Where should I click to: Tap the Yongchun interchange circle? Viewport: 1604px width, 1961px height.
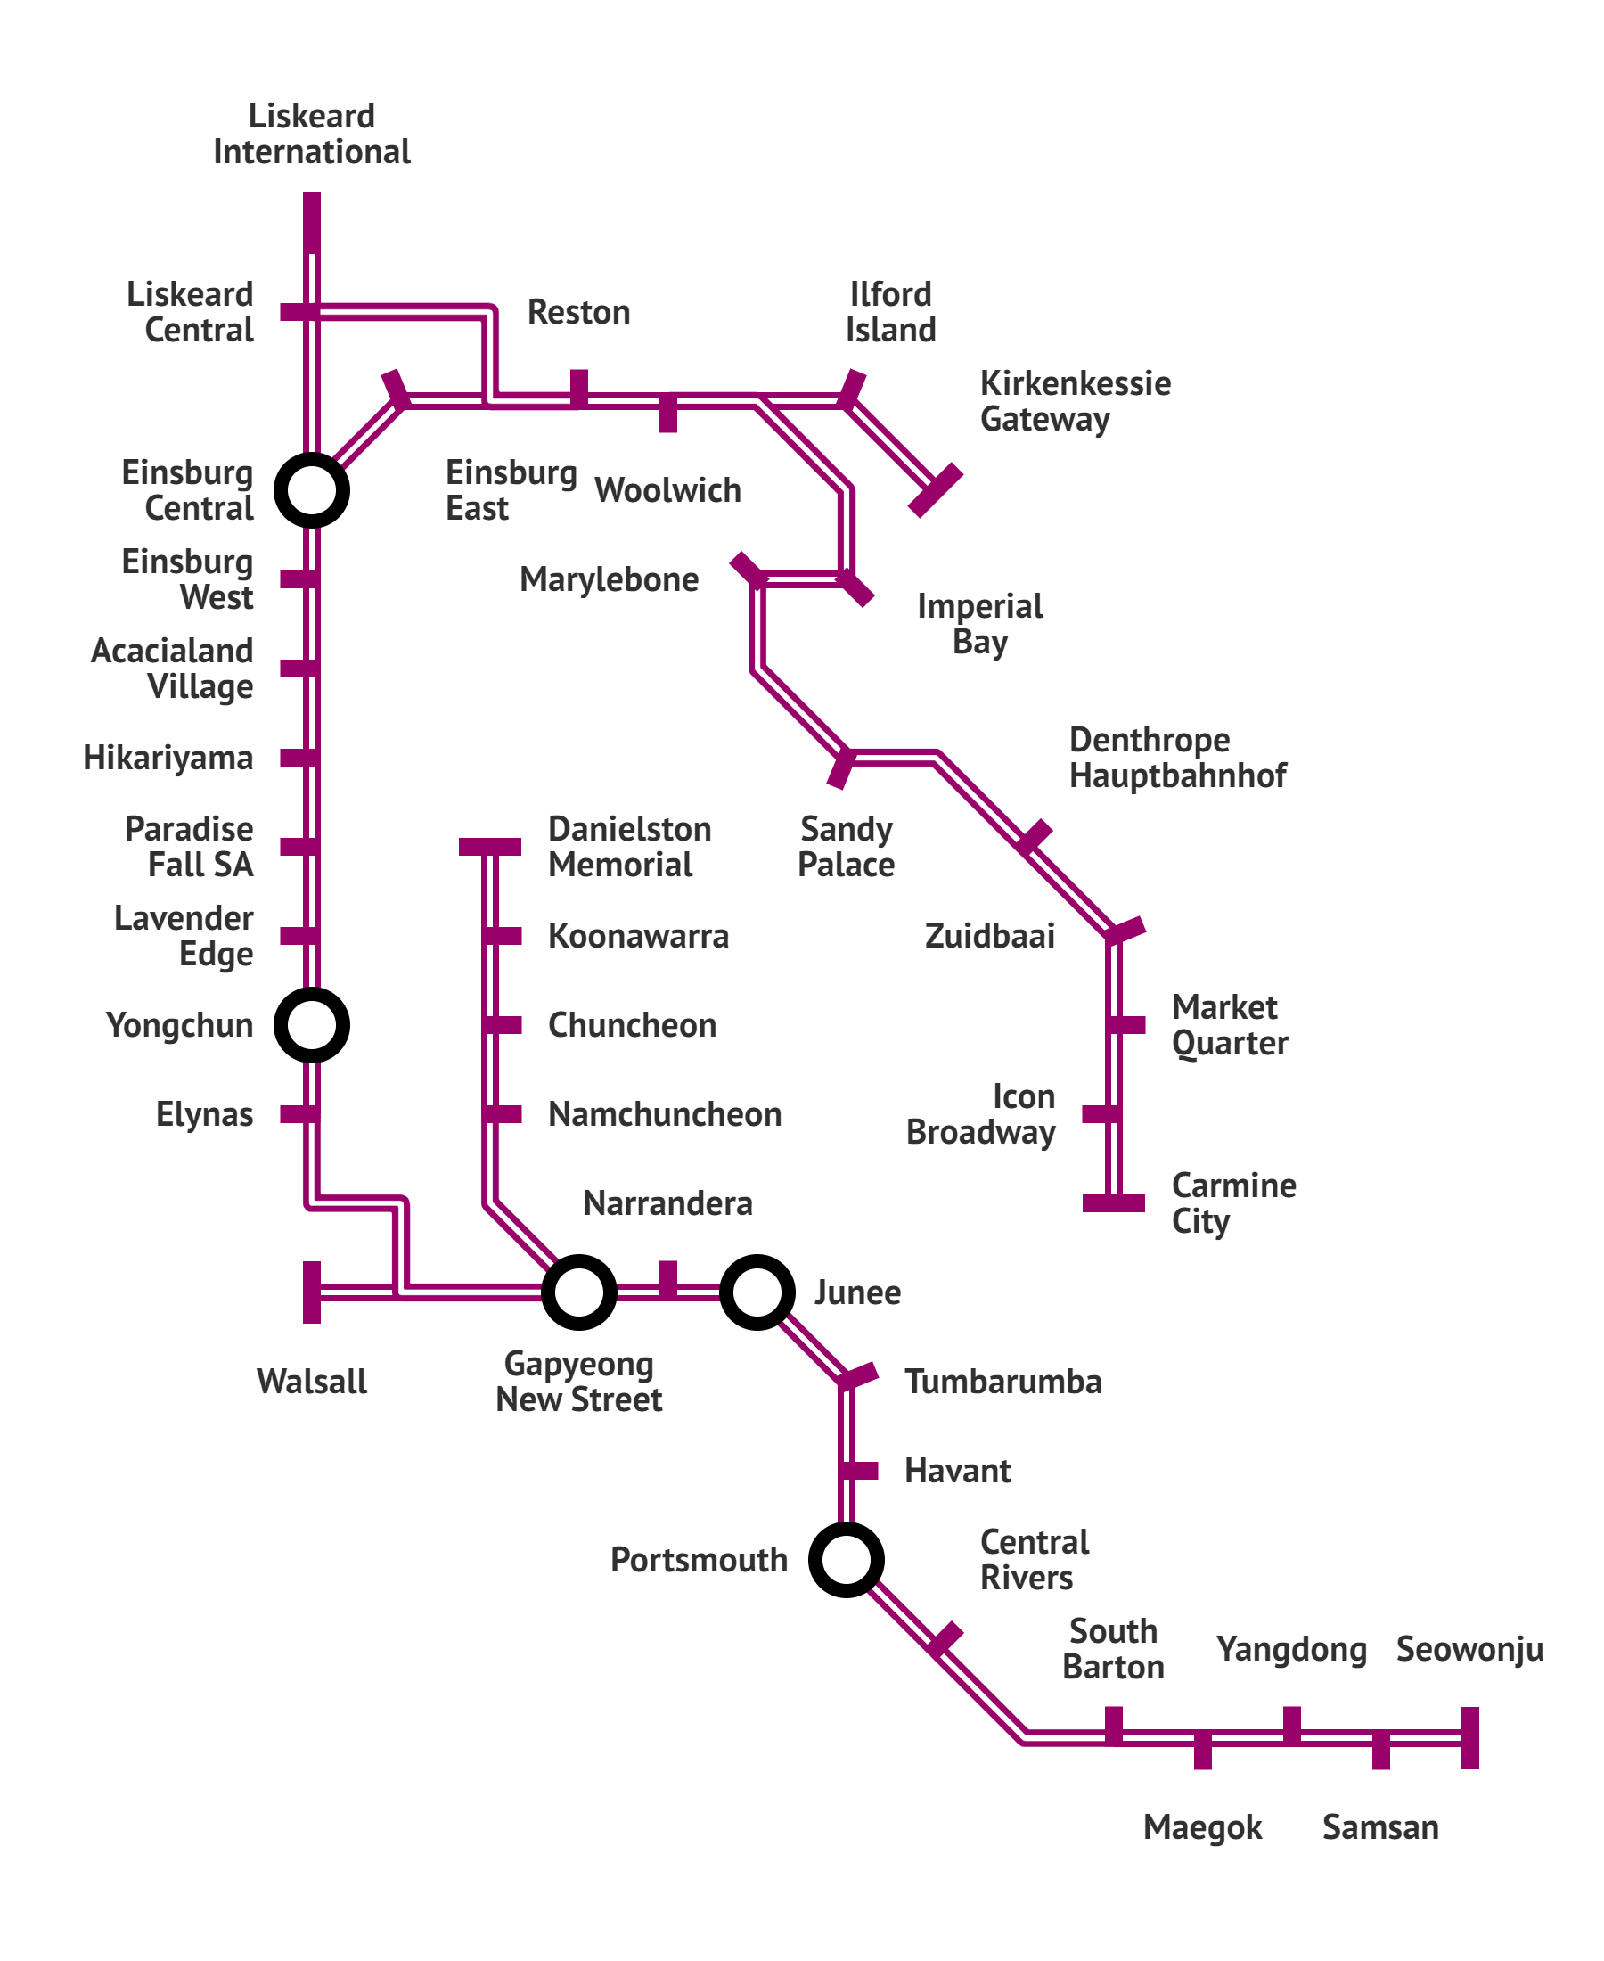coord(311,1025)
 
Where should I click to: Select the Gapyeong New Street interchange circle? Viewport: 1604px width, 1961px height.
coord(578,1292)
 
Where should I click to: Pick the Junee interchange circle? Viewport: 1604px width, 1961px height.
coord(757,1292)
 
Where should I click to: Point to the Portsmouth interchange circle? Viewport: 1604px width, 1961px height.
coord(846,1560)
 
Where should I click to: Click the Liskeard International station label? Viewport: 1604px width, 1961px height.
coord(311,133)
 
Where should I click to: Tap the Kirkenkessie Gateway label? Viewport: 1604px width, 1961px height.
coord(1075,401)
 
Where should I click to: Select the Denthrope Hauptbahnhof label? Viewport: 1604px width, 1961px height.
coord(1176,757)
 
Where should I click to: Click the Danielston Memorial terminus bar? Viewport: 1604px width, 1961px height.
coord(490,847)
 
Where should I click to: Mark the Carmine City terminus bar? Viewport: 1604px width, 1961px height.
coord(1113,1202)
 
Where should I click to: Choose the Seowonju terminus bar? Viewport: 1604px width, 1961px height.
coord(1470,1737)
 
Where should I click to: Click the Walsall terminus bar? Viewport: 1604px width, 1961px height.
coord(312,1292)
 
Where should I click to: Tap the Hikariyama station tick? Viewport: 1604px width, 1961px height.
coord(299,758)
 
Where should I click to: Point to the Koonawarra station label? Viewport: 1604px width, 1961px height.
coord(637,936)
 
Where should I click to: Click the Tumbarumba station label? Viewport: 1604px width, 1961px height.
coord(1002,1382)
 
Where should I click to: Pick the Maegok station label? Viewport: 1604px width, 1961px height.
coord(1202,1827)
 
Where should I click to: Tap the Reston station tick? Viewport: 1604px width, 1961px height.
coord(578,388)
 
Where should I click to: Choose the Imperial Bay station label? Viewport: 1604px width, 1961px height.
coord(979,624)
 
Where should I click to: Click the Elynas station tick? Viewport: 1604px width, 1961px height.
coord(299,1113)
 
